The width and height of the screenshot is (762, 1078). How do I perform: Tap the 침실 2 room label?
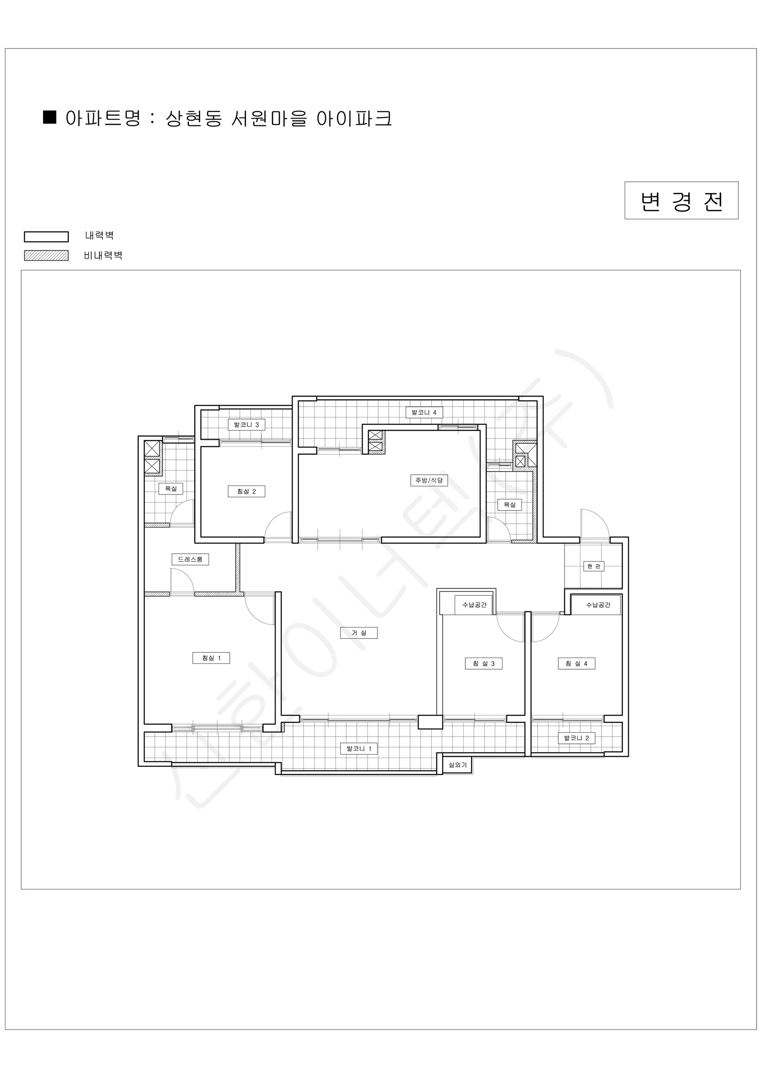pos(246,491)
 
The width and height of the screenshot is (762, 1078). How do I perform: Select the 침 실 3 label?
pos(484,663)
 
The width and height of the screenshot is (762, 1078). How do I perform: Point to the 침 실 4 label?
pos(577,663)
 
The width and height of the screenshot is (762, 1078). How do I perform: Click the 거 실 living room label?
pos(359,632)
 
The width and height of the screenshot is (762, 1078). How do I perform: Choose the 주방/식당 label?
pos(429,480)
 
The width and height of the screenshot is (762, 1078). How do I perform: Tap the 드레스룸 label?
pos(190,559)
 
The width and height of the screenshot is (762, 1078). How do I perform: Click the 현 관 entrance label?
pos(594,566)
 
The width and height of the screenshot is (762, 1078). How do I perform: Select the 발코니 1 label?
pos(359,748)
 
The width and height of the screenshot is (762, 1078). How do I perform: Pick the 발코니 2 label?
pos(577,738)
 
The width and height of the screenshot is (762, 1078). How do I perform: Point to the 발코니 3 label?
pos(246,424)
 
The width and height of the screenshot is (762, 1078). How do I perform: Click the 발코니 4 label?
pos(424,412)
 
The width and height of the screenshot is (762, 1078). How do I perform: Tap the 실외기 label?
pos(458,765)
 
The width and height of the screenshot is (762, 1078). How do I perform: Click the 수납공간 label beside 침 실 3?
pos(474,605)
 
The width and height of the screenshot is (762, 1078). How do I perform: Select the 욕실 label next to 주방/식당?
pos(509,505)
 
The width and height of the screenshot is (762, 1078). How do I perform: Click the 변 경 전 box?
pos(681,200)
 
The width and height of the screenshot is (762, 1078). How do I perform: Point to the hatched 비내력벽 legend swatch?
pos(47,256)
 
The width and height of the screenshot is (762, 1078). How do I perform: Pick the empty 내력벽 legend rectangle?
pos(47,237)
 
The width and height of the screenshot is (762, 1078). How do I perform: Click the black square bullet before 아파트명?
pos(50,117)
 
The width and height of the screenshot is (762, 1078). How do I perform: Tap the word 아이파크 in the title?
pos(354,118)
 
